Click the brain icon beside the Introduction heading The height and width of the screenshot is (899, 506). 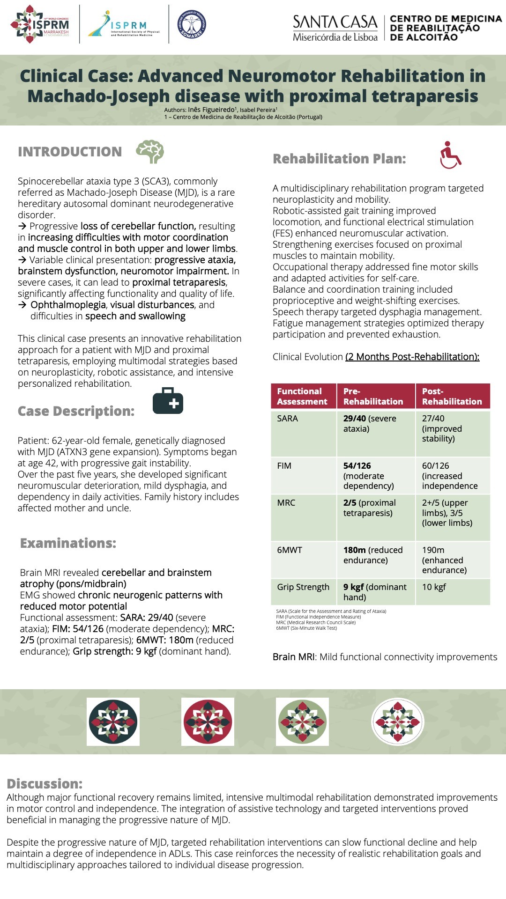click(150, 151)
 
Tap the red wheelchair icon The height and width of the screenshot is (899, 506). click(450, 155)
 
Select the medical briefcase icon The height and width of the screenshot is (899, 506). click(168, 401)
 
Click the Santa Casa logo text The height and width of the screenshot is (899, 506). click(335, 28)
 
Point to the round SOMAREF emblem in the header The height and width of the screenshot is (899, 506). click(192, 24)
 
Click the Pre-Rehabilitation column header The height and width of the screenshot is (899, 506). click(373, 396)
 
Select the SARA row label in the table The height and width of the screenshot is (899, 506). click(287, 419)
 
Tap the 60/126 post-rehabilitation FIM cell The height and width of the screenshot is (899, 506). click(449, 476)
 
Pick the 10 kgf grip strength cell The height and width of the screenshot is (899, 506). click(434, 587)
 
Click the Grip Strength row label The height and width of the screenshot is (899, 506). click(303, 587)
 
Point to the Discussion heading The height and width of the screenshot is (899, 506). click(45, 784)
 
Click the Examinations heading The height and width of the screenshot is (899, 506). click(68, 543)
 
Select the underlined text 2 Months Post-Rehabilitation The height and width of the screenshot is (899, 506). click(412, 357)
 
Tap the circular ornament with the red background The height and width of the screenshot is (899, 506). click(208, 722)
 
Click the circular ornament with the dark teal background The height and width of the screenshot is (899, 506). click(113, 722)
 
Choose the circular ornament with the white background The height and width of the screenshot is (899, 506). click(397, 722)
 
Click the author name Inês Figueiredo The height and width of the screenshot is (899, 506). click(211, 110)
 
